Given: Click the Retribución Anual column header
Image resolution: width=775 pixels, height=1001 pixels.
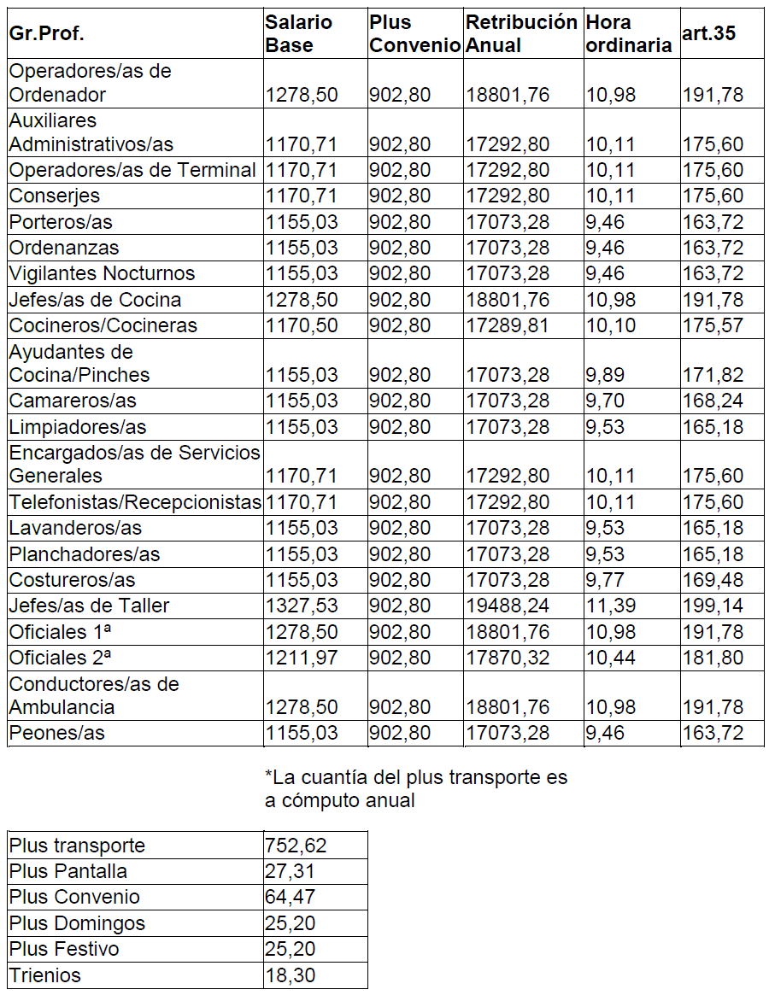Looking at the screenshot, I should click(x=521, y=33).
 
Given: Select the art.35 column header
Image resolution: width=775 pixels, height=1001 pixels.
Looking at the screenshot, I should click(x=709, y=33).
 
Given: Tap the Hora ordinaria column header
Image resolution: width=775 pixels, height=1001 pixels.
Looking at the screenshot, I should click(x=629, y=33).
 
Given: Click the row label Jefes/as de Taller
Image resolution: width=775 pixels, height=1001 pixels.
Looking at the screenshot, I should click(x=90, y=606).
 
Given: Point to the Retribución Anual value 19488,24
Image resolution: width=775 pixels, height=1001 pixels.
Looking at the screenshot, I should click(x=508, y=606).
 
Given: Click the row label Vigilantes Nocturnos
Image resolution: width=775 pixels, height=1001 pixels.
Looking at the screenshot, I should click(x=103, y=274).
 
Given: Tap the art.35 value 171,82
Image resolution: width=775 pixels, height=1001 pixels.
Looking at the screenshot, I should click(x=713, y=375).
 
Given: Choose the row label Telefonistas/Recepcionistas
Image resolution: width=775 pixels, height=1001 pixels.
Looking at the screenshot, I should click(x=135, y=502).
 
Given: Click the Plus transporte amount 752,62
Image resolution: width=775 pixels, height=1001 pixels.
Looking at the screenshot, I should click(x=296, y=846).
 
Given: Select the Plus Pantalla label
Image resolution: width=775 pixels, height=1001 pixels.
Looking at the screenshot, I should click(x=68, y=871).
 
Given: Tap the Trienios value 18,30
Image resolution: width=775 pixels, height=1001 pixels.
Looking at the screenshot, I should click(x=290, y=975).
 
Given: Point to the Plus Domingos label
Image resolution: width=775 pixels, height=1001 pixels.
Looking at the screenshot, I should click(x=77, y=923).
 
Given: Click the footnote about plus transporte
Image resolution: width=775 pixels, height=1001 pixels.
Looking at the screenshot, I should click(x=416, y=789).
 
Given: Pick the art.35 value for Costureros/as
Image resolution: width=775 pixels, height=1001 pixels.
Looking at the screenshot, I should click(x=713, y=581).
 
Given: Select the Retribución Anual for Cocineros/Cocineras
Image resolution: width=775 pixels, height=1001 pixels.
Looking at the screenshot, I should click(x=508, y=325).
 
